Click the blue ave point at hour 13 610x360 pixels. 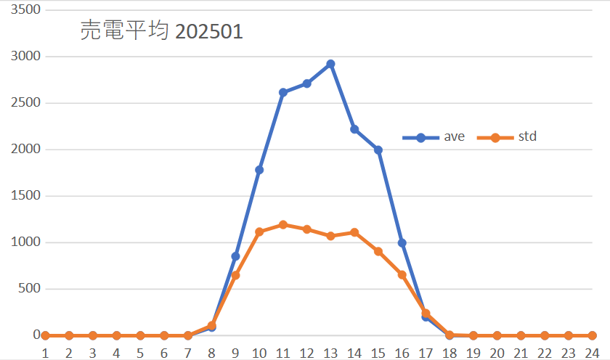click(330, 64)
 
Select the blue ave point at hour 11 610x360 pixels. click(283, 92)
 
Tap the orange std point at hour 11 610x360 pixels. click(283, 225)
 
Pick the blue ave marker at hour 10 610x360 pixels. click(259, 170)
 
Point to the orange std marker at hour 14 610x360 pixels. click(354, 232)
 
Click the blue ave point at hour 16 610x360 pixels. click(402, 243)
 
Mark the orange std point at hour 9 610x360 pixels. click(235, 275)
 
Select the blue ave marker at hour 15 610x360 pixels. click(378, 150)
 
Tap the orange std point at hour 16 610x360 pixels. click(402, 274)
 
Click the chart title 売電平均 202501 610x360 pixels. click(160, 31)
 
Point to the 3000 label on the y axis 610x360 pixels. click(27, 57)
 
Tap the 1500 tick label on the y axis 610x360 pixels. click(27, 196)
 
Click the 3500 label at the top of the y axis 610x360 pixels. click(27, 10)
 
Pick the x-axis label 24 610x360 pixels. click(592, 352)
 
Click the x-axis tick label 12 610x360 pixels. click(306, 352)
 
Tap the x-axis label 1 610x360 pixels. click(45, 352)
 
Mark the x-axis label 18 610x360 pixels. click(450, 352)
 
